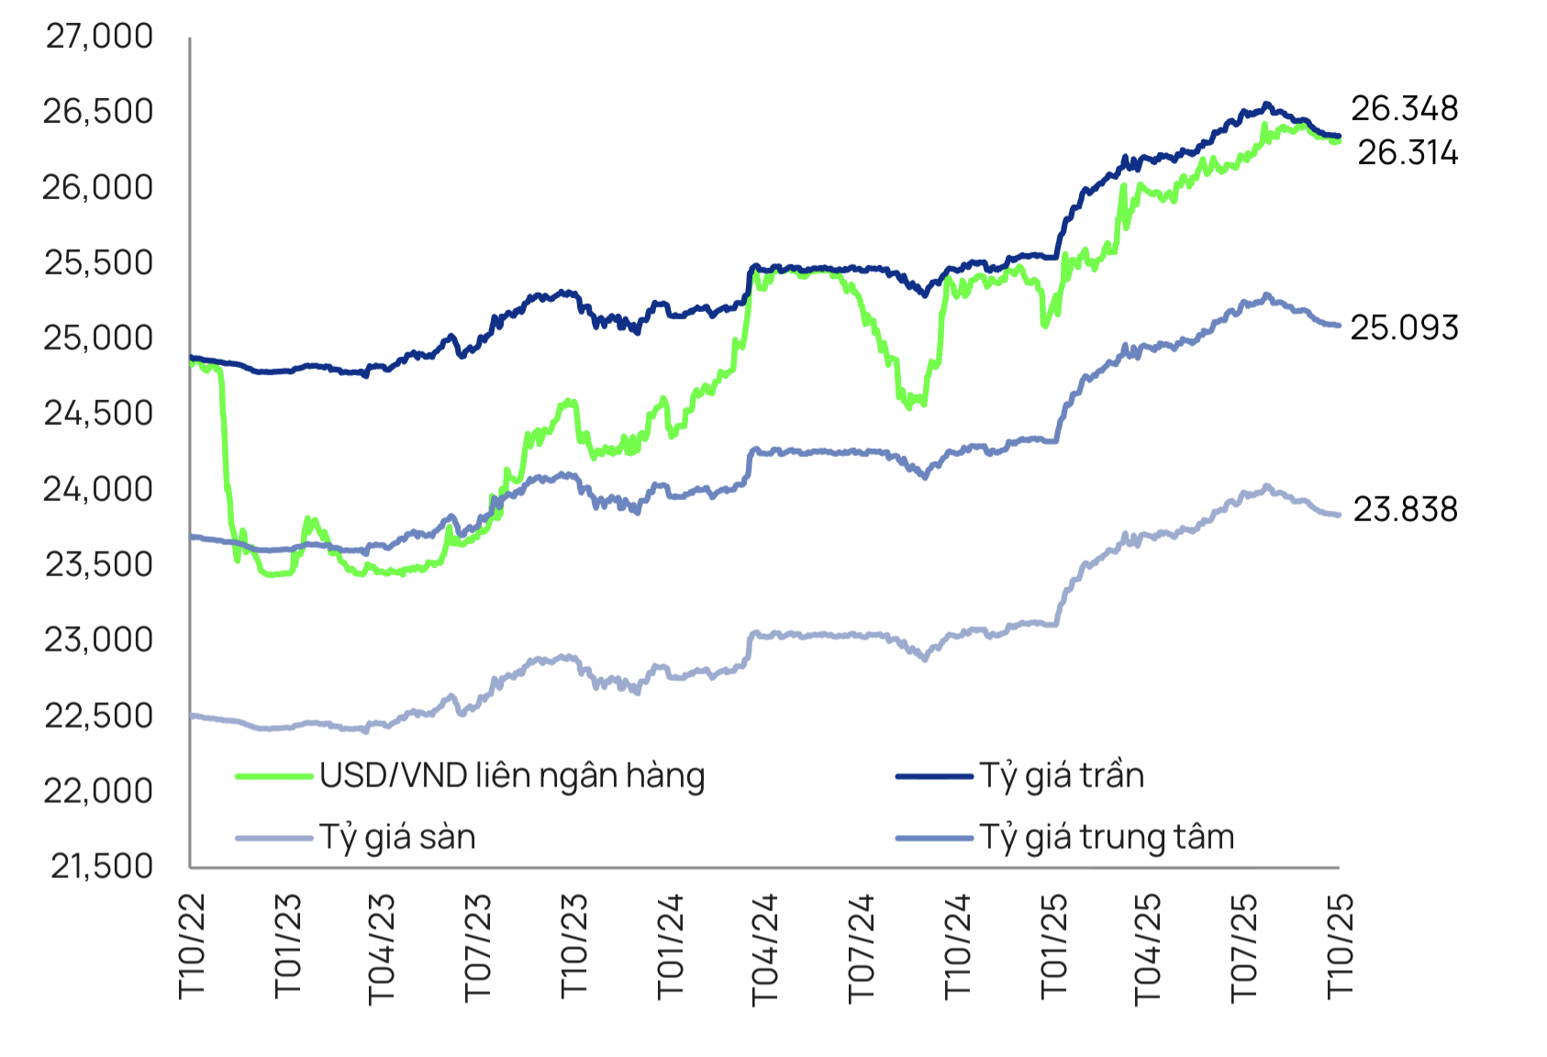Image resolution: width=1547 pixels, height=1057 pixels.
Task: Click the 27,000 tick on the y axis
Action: tap(99, 37)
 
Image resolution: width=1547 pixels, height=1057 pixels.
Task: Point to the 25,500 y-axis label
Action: tap(99, 262)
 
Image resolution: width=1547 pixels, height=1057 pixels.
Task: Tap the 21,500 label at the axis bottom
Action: tap(101, 866)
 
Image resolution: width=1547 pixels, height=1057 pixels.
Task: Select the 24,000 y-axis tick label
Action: tap(99, 489)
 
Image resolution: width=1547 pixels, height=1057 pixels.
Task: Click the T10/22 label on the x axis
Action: tap(192, 945)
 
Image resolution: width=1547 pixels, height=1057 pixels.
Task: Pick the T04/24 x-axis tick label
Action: tap(764, 949)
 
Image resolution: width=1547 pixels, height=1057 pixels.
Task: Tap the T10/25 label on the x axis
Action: tap(1340, 945)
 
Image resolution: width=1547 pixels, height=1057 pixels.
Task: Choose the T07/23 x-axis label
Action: tap(478, 949)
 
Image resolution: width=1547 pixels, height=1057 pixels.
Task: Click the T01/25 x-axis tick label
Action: tap(1053, 945)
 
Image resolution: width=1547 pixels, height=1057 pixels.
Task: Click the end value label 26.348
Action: tap(1404, 109)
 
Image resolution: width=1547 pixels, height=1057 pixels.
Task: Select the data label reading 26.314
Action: tap(1408, 152)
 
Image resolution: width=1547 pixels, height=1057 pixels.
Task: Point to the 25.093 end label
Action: tap(1404, 328)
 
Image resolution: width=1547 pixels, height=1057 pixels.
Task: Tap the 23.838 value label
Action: tap(1405, 509)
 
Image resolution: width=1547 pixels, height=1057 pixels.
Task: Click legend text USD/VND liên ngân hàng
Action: tap(512, 776)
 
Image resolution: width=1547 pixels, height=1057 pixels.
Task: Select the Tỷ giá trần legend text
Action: tap(1062, 776)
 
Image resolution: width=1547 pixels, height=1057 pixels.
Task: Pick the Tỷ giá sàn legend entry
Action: tap(397, 837)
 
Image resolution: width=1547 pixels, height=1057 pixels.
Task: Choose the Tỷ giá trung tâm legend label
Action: tap(1107, 837)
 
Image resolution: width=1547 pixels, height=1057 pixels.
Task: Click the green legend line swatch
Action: tap(273, 776)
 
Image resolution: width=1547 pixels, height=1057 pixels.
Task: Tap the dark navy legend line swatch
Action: tap(933, 776)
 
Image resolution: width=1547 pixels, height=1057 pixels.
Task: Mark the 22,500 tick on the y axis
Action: tap(99, 716)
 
